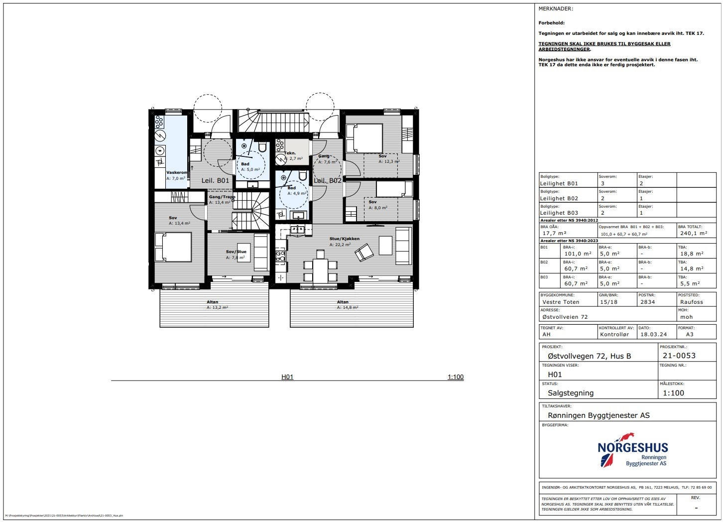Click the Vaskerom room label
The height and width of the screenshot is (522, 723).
[176, 172]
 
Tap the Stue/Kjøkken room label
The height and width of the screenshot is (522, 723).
[344, 239]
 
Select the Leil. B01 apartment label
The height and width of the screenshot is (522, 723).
[215, 180]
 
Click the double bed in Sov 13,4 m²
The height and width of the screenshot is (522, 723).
[173, 247]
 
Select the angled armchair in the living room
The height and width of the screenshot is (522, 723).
[364, 253]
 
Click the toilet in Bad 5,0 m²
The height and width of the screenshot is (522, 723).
[262, 146]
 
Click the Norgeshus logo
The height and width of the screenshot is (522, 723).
[633, 451]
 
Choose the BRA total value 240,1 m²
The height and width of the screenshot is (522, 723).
[693, 233]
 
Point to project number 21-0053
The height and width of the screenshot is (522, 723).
[679, 355]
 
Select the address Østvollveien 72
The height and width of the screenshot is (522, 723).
[565, 317]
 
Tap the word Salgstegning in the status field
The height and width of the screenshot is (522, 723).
[571, 392]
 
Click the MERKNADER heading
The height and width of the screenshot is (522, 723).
[556, 8]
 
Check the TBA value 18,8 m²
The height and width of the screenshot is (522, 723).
[692, 254]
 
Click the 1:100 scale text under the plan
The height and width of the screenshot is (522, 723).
[455, 377]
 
